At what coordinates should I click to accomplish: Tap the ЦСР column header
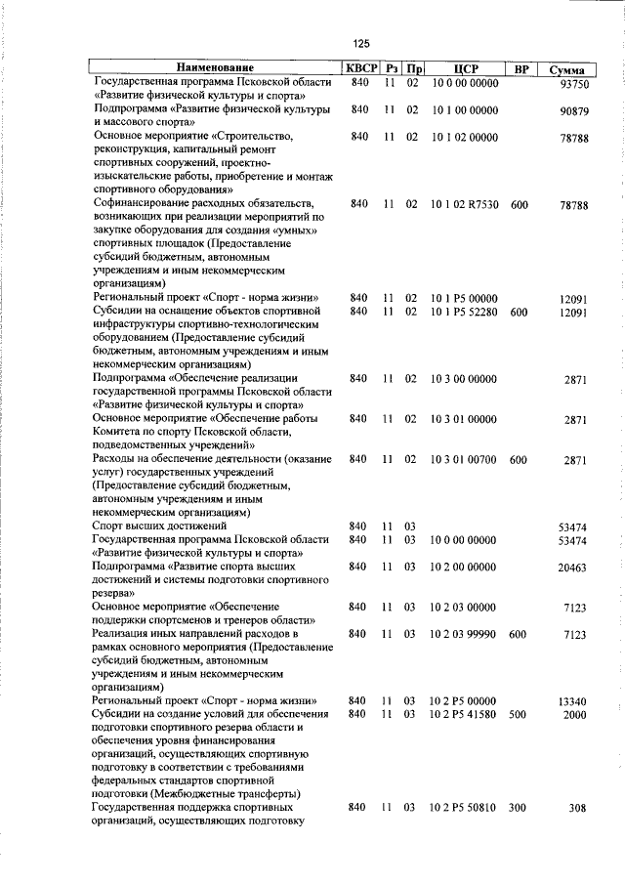click(x=464, y=69)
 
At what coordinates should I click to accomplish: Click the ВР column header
click(x=521, y=69)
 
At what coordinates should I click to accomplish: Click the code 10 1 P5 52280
click(x=464, y=312)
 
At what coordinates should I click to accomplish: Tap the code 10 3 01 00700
click(x=464, y=459)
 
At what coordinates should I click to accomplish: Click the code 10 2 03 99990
click(x=464, y=634)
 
